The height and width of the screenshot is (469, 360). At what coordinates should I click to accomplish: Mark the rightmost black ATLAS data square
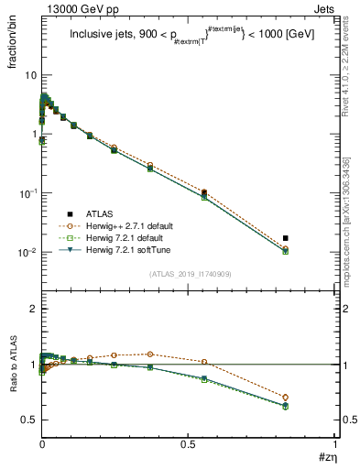click(311, 238)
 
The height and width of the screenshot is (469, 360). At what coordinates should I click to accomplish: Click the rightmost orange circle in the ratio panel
click(311, 398)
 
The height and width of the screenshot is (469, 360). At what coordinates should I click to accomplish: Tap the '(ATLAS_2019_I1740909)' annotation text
click(189, 274)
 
